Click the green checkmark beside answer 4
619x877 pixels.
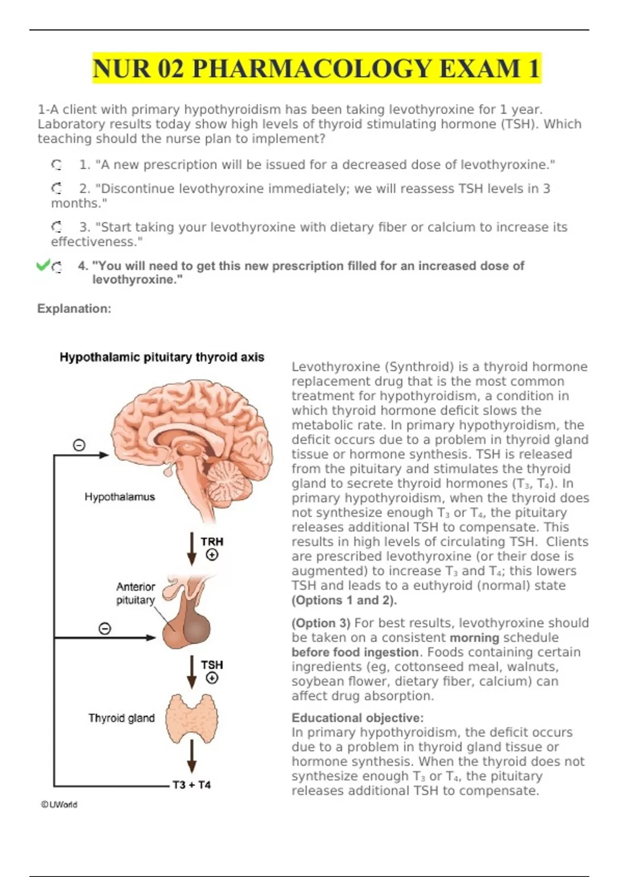coord(43,265)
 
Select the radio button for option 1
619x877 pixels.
coord(57,165)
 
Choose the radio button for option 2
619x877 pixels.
coord(57,189)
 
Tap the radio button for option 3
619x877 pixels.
coord(57,227)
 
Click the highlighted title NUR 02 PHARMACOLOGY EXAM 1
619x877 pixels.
coord(316,69)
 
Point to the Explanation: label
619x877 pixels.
coord(74,308)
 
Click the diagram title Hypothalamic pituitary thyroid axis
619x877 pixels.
coord(162,357)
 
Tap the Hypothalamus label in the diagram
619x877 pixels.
coord(120,497)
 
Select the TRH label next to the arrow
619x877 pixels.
coord(212,541)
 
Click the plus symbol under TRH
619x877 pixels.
coord(212,555)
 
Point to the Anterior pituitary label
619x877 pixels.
coord(135,593)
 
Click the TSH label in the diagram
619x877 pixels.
coord(212,664)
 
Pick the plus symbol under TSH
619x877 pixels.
coord(212,678)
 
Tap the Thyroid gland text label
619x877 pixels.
coord(121,718)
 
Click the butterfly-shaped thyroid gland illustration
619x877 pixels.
coord(192,719)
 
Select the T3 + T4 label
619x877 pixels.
coord(192,785)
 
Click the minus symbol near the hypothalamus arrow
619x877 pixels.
coord(79,445)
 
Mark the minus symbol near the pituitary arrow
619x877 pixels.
coord(105,628)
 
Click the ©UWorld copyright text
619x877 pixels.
coord(59,804)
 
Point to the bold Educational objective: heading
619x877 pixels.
coord(357,718)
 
